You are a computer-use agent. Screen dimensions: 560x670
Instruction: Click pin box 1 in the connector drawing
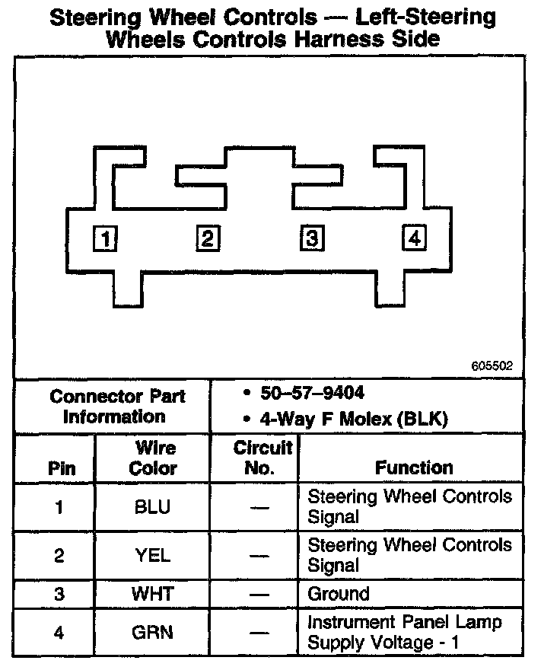pos(105,239)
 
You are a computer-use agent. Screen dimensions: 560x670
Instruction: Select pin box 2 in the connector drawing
pos(208,238)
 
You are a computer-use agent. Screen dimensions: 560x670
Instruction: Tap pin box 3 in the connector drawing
pos(310,238)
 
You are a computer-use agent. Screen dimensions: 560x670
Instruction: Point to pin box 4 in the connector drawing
pos(414,238)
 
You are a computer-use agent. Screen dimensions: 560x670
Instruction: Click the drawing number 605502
pos(492,366)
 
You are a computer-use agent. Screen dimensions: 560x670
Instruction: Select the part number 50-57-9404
pos(309,393)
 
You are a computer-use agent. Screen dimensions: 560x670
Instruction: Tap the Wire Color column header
pos(154,458)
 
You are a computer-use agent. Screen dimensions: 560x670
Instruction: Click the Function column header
pos(414,467)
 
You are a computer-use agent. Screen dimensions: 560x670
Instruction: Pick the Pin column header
pos(62,468)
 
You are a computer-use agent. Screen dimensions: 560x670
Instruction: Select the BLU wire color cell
pos(152,508)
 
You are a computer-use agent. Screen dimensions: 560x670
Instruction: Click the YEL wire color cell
pos(152,556)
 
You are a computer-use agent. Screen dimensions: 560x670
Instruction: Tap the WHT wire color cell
pos(152,594)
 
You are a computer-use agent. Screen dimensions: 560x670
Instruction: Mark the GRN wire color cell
pos(152,632)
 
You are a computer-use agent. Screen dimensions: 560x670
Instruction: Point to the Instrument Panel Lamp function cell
pos(404,632)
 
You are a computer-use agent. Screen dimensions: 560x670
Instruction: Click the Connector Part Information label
pos(117,406)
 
